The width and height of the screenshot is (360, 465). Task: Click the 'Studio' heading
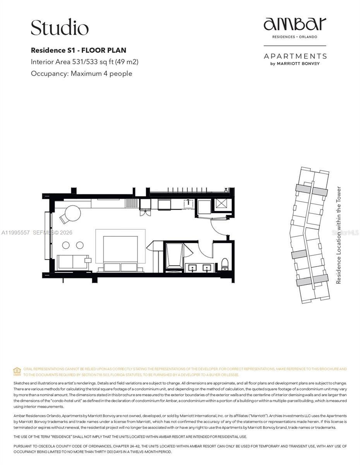(x=60, y=28)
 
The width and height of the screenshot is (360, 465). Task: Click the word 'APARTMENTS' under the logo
(x=295, y=56)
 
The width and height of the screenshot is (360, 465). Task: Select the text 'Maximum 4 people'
(x=101, y=74)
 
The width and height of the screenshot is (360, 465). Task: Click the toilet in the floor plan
(x=225, y=264)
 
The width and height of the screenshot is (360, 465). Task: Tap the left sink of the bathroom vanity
(x=191, y=267)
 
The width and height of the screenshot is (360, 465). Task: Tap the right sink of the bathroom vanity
(x=207, y=267)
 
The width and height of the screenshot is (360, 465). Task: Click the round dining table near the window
(x=72, y=213)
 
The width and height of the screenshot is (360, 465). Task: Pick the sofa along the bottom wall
(x=72, y=262)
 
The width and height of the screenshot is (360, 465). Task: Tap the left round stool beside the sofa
(x=66, y=245)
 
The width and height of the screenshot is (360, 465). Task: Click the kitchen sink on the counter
(x=188, y=203)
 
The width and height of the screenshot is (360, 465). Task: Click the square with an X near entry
(x=222, y=204)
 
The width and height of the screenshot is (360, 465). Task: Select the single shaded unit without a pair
(x=298, y=254)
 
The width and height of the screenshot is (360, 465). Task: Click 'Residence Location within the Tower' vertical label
(x=339, y=235)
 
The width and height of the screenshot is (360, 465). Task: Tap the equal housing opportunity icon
(x=17, y=371)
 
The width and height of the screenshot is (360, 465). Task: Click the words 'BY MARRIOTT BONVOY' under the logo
(x=295, y=64)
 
